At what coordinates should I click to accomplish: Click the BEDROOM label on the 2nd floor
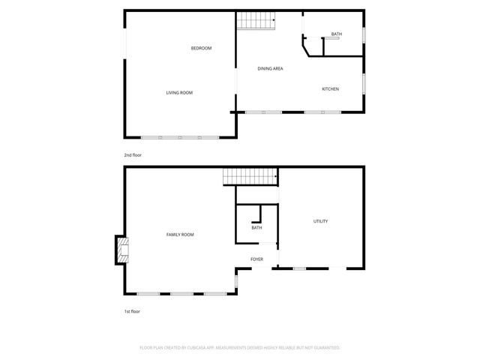click(x=201, y=49)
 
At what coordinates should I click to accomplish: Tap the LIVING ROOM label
click(x=179, y=93)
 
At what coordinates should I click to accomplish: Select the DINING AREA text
click(x=270, y=69)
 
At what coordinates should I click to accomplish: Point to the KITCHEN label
click(x=330, y=89)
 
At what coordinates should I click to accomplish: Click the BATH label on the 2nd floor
click(x=337, y=34)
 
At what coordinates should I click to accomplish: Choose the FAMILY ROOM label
click(x=180, y=235)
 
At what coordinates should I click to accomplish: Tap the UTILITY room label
click(x=320, y=221)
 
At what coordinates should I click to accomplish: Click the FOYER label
click(x=256, y=259)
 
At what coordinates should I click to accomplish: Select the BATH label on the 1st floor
click(x=256, y=228)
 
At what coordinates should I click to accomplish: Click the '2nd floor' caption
click(x=133, y=155)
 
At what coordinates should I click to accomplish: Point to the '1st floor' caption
click(x=132, y=310)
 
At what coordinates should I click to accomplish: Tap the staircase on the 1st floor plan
click(x=249, y=177)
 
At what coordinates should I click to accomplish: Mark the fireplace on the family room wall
click(x=120, y=250)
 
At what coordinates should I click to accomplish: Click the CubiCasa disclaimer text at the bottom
click(x=240, y=348)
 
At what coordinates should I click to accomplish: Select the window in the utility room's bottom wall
click(x=299, y=268)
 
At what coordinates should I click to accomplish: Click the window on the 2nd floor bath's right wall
click(x=364, y=35)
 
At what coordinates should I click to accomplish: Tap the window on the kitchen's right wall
click(x=364, y=83)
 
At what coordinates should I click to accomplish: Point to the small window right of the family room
click(x=236, y=280)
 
